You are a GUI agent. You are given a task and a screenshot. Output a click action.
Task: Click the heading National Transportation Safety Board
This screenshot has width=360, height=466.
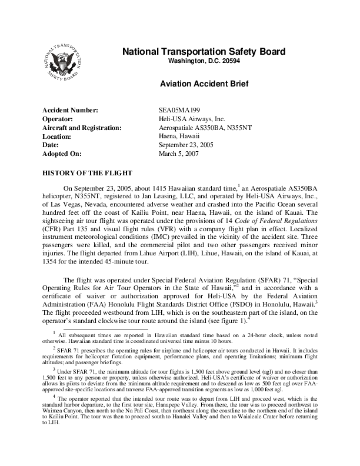[204, 52]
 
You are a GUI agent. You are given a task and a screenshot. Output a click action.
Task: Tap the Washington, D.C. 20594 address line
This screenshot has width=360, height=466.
[204, 61]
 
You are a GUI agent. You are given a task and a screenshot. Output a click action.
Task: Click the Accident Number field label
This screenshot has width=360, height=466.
[69, 111]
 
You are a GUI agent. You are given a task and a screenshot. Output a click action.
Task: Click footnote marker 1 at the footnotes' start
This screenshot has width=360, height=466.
[54, 332]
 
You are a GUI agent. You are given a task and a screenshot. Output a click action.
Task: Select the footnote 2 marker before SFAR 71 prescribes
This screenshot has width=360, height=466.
[54, 347]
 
